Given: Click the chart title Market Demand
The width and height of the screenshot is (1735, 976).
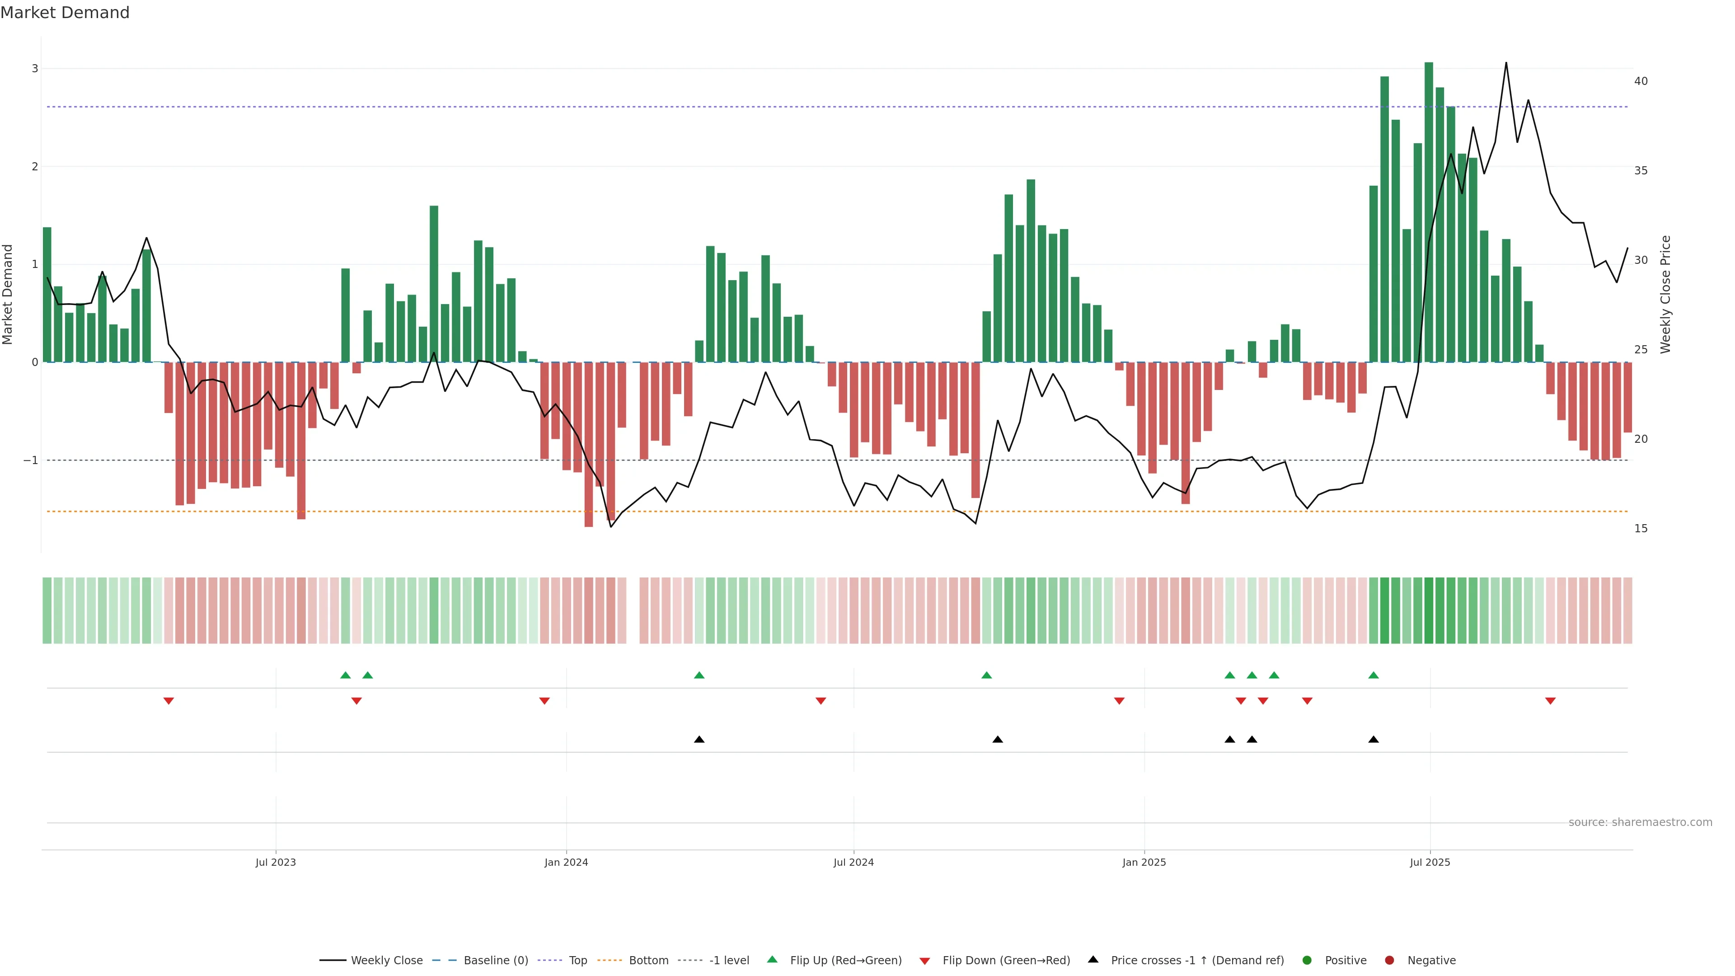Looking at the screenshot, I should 65,13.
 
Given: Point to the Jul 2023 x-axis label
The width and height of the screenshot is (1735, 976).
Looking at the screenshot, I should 276,862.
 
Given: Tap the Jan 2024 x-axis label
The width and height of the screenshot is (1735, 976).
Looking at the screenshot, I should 566,862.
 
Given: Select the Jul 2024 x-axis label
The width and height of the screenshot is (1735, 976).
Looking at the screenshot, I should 853,862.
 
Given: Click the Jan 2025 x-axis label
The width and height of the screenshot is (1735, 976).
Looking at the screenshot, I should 1144,862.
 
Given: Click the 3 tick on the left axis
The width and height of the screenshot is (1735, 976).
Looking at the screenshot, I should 35,69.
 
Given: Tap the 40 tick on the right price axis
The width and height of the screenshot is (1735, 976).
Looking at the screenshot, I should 1641,81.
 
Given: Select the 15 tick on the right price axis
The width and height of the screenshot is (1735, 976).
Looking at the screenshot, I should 1641,529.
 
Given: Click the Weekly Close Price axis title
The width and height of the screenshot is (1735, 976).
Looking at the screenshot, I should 1665,294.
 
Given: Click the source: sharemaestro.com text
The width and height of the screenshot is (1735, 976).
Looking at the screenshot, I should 1640,822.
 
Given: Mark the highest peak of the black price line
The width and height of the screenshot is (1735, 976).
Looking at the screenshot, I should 1506,63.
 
